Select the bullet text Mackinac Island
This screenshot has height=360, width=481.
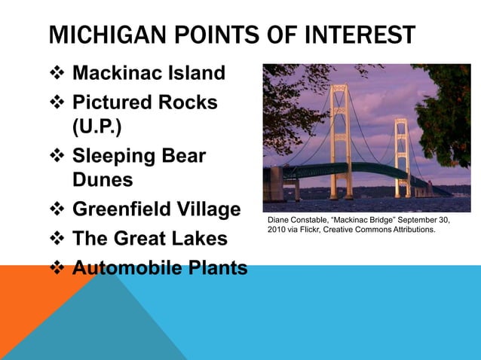click(149, 74)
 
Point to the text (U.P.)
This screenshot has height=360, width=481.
click(97, 126)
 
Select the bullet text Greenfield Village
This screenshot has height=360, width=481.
click(156, 209)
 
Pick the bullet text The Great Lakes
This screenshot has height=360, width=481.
click(149, 239)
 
